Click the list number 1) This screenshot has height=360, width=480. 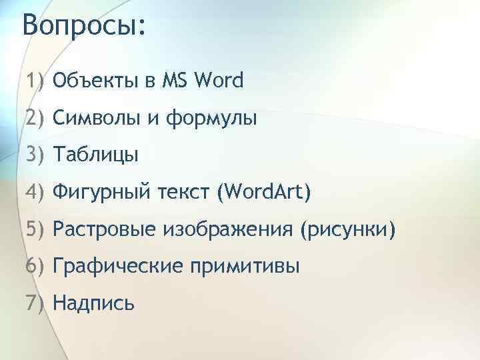coord(35,82)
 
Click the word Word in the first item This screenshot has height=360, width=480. coord(219,82)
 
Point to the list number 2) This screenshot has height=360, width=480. coord(35,119)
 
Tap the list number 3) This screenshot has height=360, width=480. coord(35,156)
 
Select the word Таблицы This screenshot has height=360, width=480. coord(96,157)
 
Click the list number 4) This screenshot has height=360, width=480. coord(35,193)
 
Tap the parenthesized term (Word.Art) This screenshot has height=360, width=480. coord(263,193)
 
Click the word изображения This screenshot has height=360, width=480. coord(226,231)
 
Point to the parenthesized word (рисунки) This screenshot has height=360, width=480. coord(347,231)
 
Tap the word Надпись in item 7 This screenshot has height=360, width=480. coord(94,304)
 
